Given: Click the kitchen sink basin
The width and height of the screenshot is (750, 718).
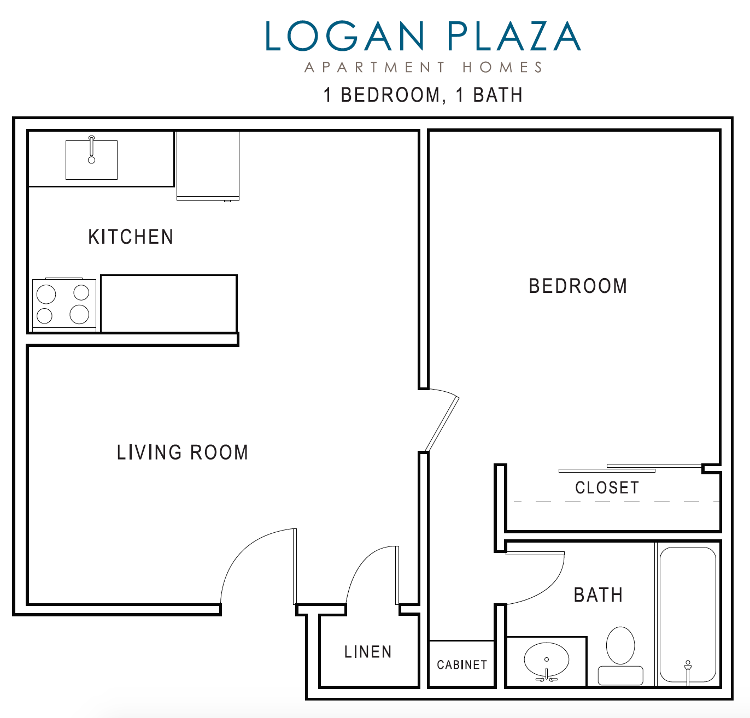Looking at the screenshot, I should [x=91, y=160].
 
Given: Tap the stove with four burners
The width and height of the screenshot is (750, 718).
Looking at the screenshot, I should [x=64, y=305].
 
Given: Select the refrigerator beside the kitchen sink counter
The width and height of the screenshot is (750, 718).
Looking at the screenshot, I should [x=208, y=165].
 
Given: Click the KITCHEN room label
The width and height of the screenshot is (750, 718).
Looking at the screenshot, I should [x=131, y=237].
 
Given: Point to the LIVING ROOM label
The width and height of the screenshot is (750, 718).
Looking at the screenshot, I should [x=183, y=452].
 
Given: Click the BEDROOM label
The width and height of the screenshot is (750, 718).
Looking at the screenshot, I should [x=578, y=286].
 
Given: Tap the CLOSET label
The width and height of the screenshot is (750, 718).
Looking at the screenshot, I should [x=607, y=487].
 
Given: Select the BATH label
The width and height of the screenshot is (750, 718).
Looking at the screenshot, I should [x=598, y=595].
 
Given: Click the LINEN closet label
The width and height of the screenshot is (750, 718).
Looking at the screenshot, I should [x=368, y=652].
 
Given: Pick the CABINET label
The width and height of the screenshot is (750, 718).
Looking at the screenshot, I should [x=462, y=664].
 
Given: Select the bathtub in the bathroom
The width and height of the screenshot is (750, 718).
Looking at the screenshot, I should [x=688, y=615].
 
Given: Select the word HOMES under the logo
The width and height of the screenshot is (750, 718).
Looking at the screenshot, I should [x=502, y=68].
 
